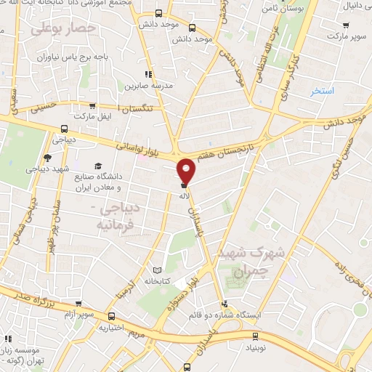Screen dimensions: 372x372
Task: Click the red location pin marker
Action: coord(187,171)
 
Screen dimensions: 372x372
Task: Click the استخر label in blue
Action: coord(321,91)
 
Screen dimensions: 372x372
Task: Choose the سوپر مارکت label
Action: coord(345,35)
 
